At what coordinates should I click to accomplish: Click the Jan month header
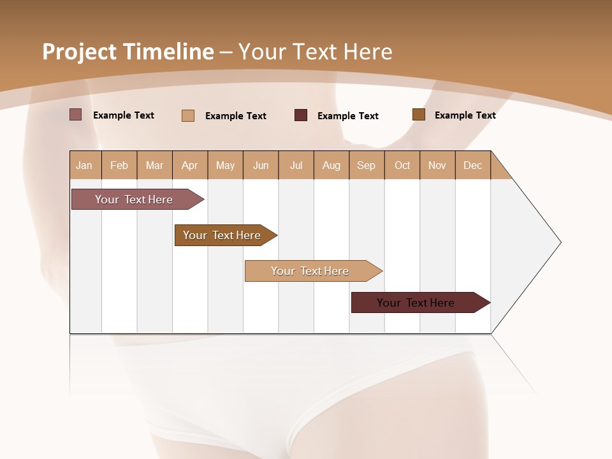pyautogui.click(x=85, y=165)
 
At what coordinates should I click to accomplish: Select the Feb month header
pyautogui.click(x=119, y=165)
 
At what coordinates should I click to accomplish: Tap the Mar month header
pyautogui.click(x=154, y=165)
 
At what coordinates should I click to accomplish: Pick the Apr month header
pyautogui.click(x=190, y=165)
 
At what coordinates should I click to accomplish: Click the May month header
pyautogui.click(x=225, y=165)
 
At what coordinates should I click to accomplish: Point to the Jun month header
pyautogui.click(x=261, y=165)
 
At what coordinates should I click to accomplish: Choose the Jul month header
pyautogui.click(x=296, y=165)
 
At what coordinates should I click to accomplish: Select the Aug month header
pyautogui.click(x=331, y=165)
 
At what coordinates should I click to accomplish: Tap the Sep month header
pyautogui.click(x=367, y=165)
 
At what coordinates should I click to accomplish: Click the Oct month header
pyautogui.click(x=402, y=165)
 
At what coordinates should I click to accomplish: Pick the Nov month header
pyautogui.click(x=437, y=165)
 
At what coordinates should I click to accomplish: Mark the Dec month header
pyautogui.click(x=473, y=165)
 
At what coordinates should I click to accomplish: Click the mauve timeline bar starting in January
pyautogui.click(x=134, y=200)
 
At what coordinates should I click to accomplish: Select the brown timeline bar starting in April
pyautogui.click(x=222, y=235)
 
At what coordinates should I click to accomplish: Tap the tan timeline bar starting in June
pyautogui.click(x=310, y=271)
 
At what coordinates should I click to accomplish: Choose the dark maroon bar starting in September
pyautogui.click(x=416, y=303)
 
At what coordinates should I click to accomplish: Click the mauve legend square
pyautogui.click(x=76, y=115)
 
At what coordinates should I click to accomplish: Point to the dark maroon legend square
pyautogui.click(x=301, y=115)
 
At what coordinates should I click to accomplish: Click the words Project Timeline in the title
pyautogui.click(x=128, y=52)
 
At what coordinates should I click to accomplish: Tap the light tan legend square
pyautogui.click(x=188, y=115)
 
